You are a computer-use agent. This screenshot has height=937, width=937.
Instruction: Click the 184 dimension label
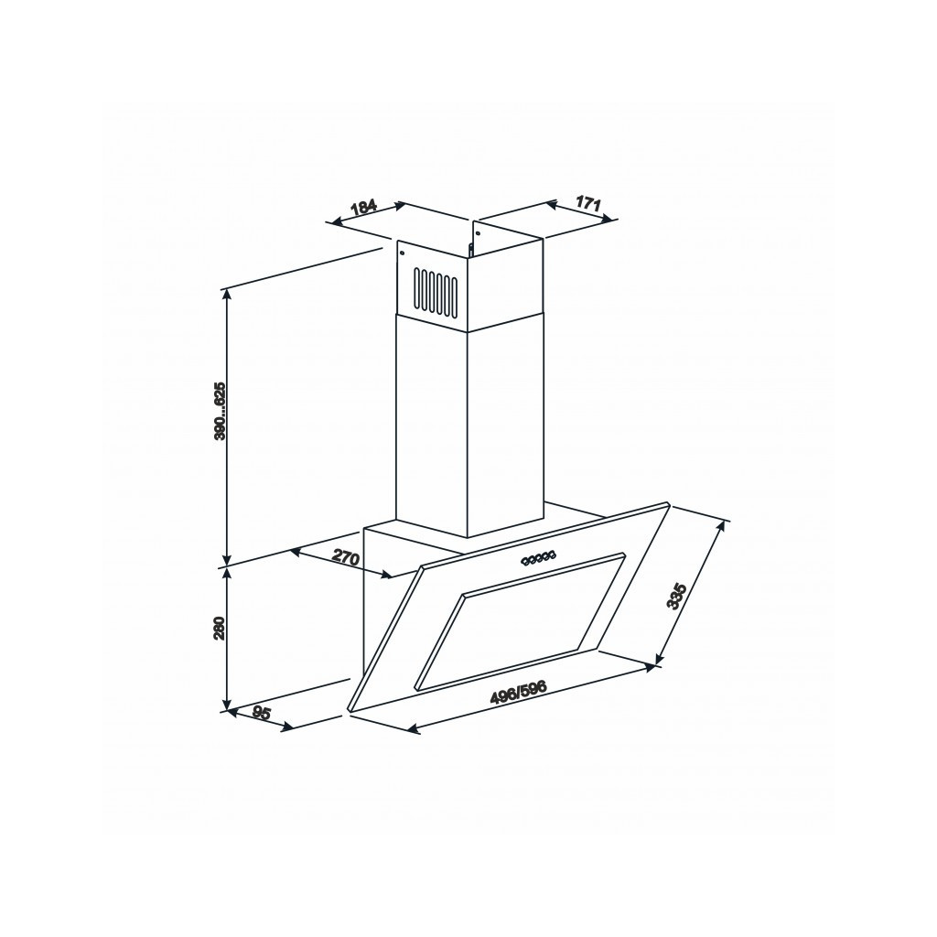coord(364,206)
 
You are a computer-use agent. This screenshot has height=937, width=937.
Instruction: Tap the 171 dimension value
coord(588,203)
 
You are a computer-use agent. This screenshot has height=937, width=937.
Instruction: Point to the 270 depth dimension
coord(344,557)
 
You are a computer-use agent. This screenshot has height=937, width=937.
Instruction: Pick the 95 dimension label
coord(262,713)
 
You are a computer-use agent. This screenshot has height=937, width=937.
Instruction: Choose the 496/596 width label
coord(518,692)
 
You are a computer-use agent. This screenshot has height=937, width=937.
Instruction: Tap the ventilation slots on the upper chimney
coord(434,291)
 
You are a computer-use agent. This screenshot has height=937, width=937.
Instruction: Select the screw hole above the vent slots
coord(404,255)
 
